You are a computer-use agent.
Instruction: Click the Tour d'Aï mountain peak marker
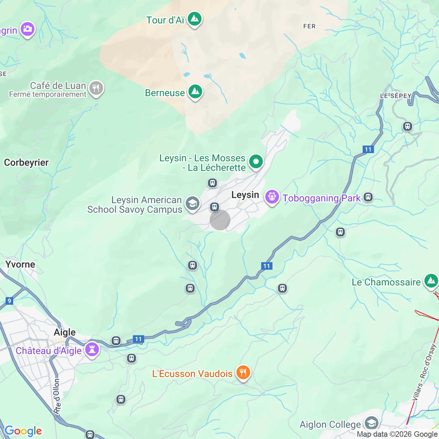coord(195,19)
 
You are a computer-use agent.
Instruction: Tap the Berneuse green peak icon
coord(195,92)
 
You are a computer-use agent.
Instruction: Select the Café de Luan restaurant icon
coord(96,88)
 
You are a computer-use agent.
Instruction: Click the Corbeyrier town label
coord(26,162)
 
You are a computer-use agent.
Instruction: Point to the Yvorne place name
coord(20,264)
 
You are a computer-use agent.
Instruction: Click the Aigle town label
coord(65,332)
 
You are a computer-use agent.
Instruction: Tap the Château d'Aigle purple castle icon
coord(92,349)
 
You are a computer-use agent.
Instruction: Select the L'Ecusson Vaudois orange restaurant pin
coord(243,373)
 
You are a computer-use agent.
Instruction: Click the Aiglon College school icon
coord(372,423)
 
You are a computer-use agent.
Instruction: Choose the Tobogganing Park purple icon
coord(272,197)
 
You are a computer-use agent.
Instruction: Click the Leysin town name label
coord(245,195)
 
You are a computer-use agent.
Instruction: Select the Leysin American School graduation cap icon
coord(193,203)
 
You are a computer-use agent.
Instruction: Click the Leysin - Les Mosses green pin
coord(256,162)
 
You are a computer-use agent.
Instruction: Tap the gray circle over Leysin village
coord(220,220)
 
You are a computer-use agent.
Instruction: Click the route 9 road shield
coord(9,301)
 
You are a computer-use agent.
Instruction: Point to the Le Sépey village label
coord(396,96)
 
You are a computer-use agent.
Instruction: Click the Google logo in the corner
coord(23,431)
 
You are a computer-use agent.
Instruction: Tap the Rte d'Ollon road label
coord(57,396)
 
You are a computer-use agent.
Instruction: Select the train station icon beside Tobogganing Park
coord(368,197)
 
